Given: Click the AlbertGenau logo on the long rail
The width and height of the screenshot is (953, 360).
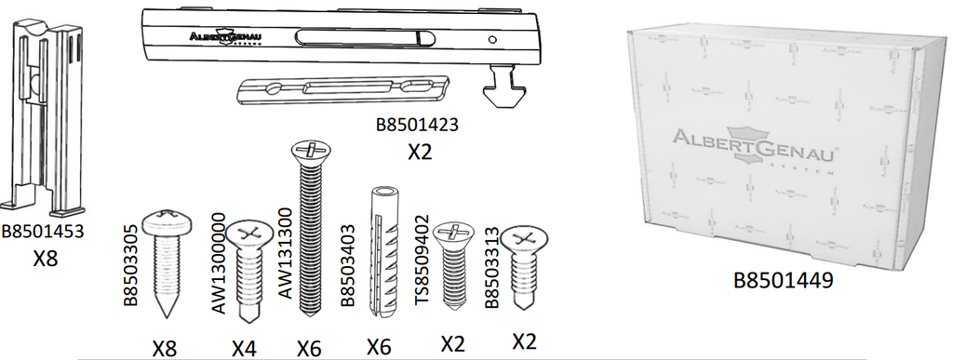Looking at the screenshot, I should click(224, 37).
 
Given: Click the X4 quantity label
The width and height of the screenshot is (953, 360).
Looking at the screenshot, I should click(244, 349).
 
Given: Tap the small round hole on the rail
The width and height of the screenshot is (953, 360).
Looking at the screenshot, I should click(492, 39).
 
